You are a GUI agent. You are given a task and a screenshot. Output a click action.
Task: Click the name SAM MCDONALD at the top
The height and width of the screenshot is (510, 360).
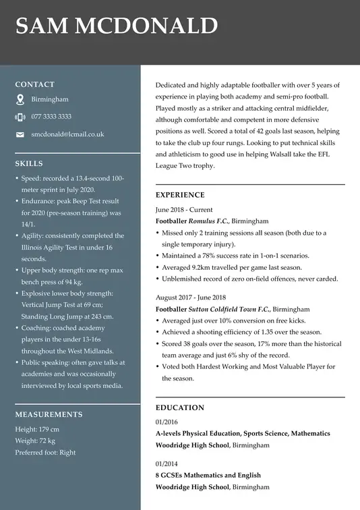117,26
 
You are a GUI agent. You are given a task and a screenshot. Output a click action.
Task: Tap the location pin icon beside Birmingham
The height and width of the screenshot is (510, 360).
20,99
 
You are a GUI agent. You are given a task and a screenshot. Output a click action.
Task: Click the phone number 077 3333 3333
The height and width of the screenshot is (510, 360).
51,117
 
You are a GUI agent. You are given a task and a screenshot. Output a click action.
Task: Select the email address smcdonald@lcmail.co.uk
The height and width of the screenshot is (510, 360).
67,134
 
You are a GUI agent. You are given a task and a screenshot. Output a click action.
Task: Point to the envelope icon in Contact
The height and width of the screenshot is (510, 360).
20,135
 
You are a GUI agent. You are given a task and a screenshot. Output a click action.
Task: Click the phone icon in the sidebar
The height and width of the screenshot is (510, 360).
20,117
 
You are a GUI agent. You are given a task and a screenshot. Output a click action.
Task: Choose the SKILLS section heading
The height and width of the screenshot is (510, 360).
29,163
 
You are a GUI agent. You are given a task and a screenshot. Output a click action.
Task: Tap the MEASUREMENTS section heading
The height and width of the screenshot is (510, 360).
49,414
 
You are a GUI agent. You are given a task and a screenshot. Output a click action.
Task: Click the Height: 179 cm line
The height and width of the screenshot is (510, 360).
37,429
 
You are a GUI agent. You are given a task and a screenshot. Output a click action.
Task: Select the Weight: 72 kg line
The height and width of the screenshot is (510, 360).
35,441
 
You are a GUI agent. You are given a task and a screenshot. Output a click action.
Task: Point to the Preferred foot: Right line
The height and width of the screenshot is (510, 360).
45,453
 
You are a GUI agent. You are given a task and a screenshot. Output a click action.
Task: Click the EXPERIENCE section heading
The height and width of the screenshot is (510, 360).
180,195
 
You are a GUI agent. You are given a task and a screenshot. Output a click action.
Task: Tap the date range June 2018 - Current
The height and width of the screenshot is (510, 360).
183,209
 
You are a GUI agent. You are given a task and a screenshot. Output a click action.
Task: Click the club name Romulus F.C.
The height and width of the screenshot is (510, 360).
209,221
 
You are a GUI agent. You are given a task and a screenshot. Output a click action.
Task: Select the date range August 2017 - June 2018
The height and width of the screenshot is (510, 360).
191,297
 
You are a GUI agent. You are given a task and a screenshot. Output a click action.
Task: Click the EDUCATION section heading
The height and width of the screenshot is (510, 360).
179,407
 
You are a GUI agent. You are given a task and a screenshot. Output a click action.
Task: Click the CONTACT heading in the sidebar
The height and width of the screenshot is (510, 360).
34,84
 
